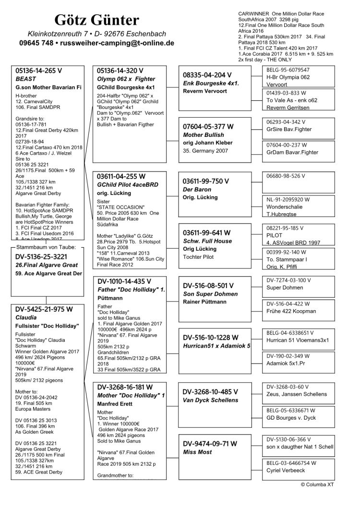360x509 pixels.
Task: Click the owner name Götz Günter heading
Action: [x=96, y=20]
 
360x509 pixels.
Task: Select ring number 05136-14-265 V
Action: [x=39, y=70]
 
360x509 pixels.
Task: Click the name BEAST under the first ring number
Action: [x=26, y=78]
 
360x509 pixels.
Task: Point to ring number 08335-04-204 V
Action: [x=208, y=75]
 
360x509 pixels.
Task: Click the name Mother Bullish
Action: [x=204, y=135]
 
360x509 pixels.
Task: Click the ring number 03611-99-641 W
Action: [x=207, y=232]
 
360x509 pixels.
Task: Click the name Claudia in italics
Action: [x=26, y=317]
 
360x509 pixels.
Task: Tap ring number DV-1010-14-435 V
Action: [x=124, y=281]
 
